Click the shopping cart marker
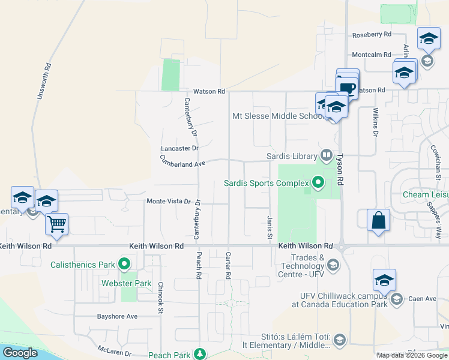tap(56, 224)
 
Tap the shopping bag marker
tap(378, 220)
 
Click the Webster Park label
tap(135, 283)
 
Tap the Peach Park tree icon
tap(202, 355)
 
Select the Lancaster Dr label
tap(179, 148)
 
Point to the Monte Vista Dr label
tap(168, 202)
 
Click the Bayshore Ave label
tap(118, 316)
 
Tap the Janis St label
tap(270, 226)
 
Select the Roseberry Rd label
tap(372, 35)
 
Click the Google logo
tap(20, 353)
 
